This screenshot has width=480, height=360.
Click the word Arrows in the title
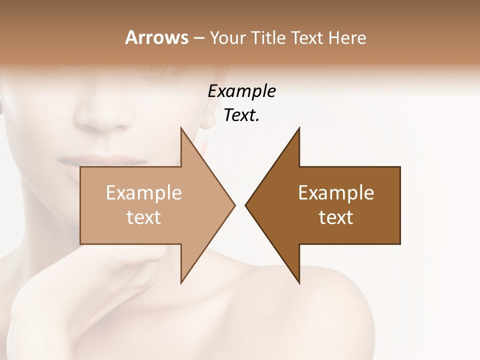pyautogui.click(x=156, y=37)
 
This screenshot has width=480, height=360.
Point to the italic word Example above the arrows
pyautogui.click(x=241, y=91)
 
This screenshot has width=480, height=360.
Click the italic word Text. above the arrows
pyautogui.click(x=241, y=115)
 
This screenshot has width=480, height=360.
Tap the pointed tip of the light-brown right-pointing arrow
pyautogui.click(x=234, y=205)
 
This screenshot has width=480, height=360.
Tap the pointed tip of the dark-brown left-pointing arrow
pyautogui.click(x=246, y=205)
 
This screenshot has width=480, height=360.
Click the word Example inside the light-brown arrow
pyautogui.click(x=144, y=192)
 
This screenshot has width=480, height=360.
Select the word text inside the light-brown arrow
pyautogui.click(x=144, y=217)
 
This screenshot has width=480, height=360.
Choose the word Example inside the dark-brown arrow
pyautogui.click(x=336, y=192)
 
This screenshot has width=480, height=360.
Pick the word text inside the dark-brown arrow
pyautogui.click(x=336, y=217)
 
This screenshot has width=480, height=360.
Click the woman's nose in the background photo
pyautogui.click(x=102, y=117)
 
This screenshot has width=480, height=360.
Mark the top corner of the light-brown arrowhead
pyautogui.click(x=181, y=128)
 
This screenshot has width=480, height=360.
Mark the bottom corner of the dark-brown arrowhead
pyautogui.click(x=299, y=282)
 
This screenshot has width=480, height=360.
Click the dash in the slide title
pyautogui.click(x=198, y=38)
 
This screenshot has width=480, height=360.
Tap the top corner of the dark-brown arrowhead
pyautogui.click(x=299, y=128)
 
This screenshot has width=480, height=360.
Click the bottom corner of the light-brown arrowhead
pyautogui.click(x=181, y=282)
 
